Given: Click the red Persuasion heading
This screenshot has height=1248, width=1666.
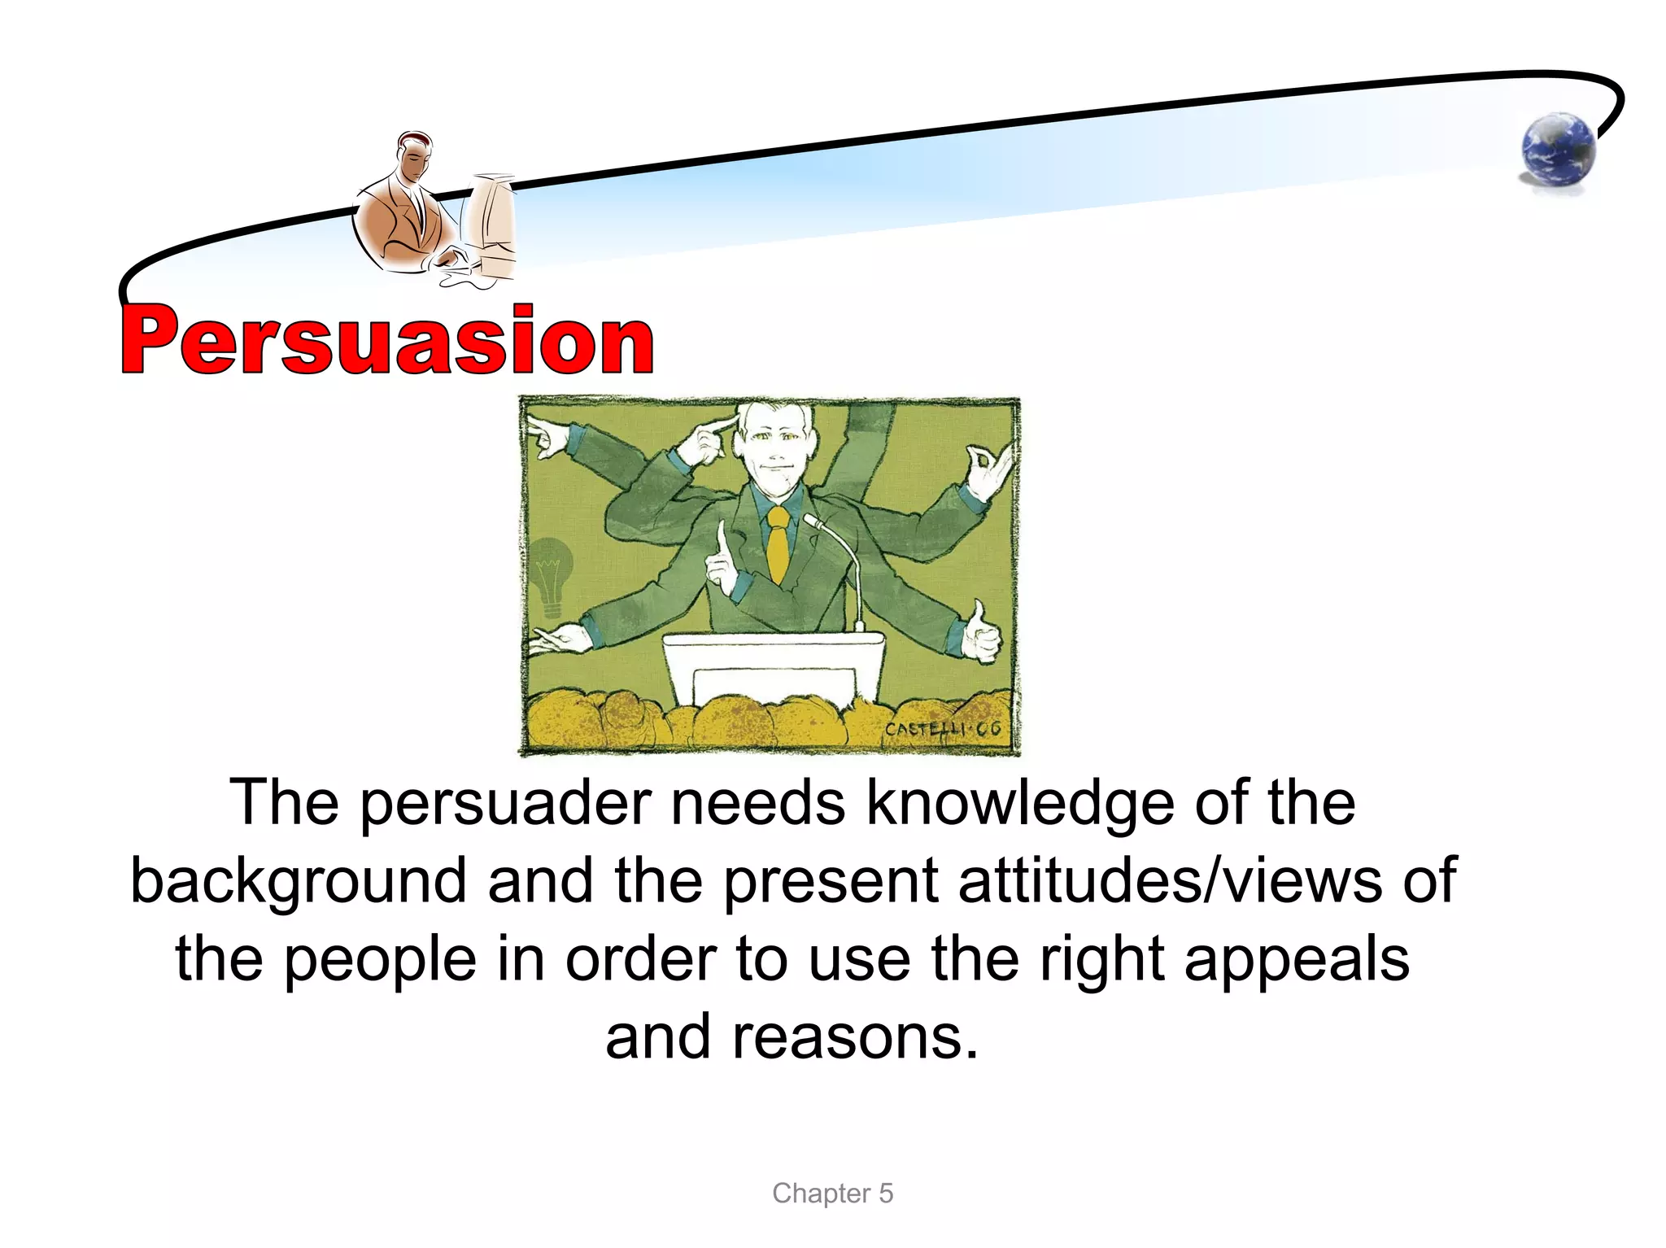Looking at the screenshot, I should click(387, 340).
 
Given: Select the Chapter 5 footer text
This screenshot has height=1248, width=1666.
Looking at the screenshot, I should click(832, 1193).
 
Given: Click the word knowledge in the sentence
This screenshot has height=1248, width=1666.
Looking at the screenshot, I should click(1019, 803).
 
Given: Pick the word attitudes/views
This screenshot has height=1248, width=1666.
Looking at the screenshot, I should click(1169, 880).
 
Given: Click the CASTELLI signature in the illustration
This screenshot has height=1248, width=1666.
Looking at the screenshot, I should click(942, 729).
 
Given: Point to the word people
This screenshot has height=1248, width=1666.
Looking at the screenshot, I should click(381, 960).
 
